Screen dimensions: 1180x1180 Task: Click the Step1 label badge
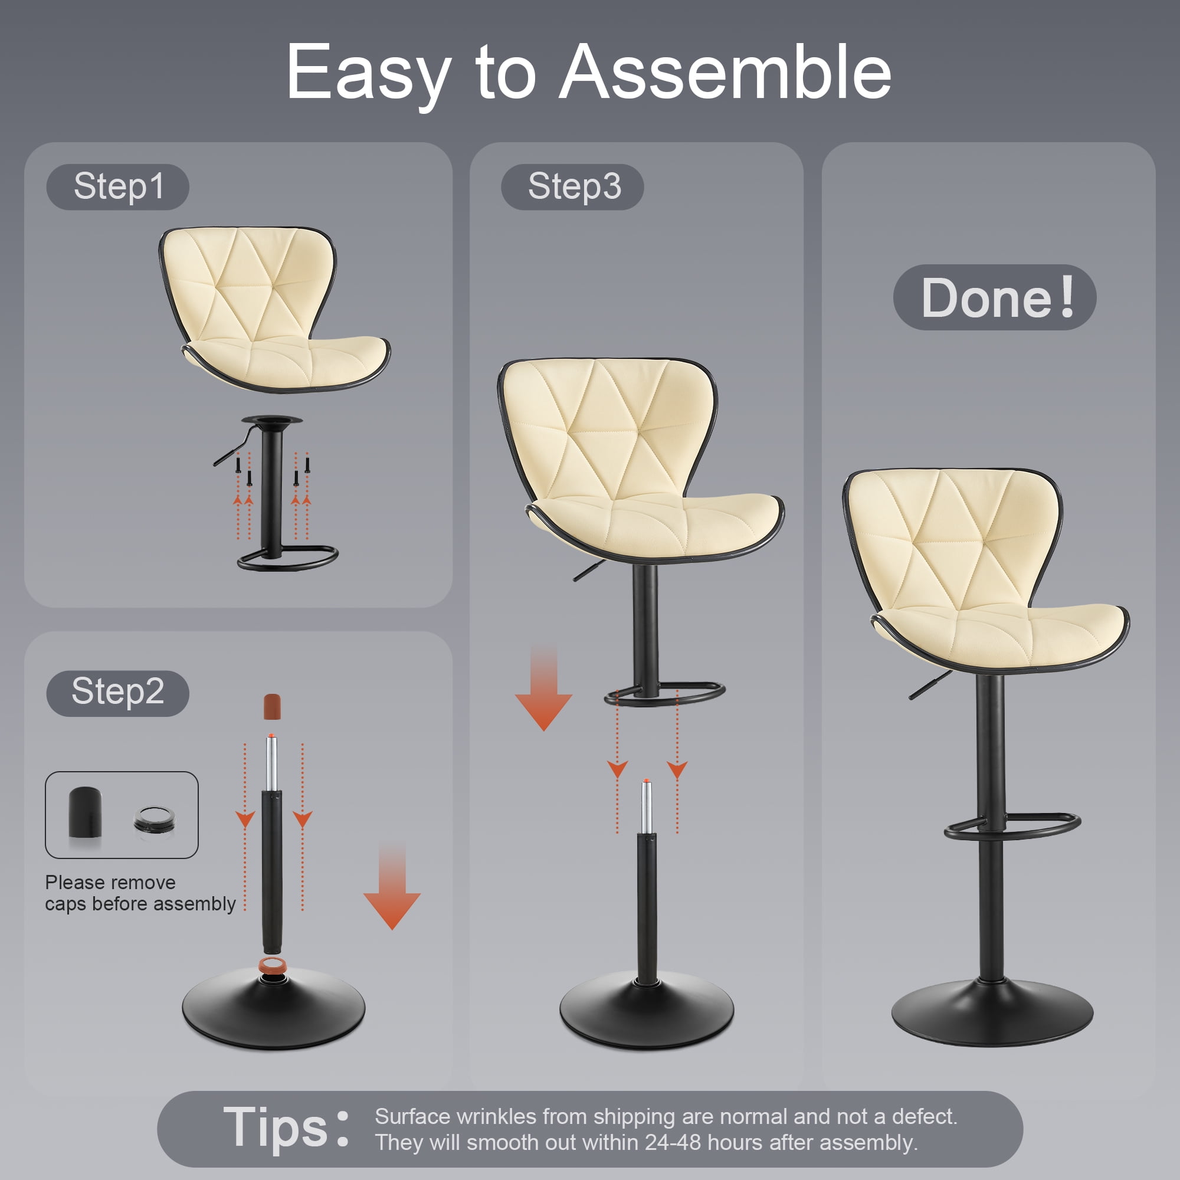117,187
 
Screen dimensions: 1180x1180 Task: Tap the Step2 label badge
117,693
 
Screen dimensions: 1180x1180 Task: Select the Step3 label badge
572,187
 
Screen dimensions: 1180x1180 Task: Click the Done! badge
994,297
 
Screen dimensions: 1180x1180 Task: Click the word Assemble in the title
726,72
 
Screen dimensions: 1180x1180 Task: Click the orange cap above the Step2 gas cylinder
272,706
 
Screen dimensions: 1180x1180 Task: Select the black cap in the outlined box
85,813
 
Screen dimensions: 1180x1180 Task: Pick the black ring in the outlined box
155,819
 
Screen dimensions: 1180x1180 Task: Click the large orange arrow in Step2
392,887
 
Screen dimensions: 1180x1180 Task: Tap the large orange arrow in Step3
543,688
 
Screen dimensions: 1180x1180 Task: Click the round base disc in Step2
274,1009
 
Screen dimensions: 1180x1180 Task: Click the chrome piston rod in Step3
646,807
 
